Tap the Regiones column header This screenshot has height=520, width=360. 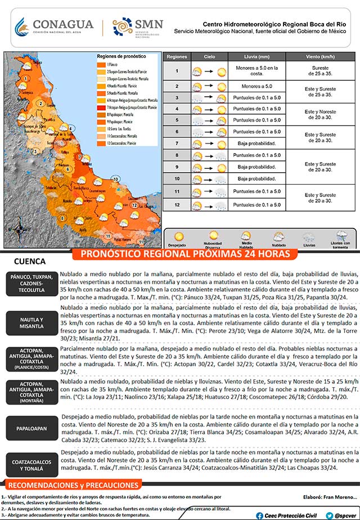[x=177, y=57]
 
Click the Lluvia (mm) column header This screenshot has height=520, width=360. [x=258, y=57]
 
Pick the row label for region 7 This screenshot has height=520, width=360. [x=177, y=144]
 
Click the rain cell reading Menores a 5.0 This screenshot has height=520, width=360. [x=258, y=86]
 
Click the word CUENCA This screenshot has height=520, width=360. [x=29, y=262]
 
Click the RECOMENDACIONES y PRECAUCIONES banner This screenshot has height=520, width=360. [x=74, y=485]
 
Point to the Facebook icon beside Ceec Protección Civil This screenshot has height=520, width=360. [x=259, y=515]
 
